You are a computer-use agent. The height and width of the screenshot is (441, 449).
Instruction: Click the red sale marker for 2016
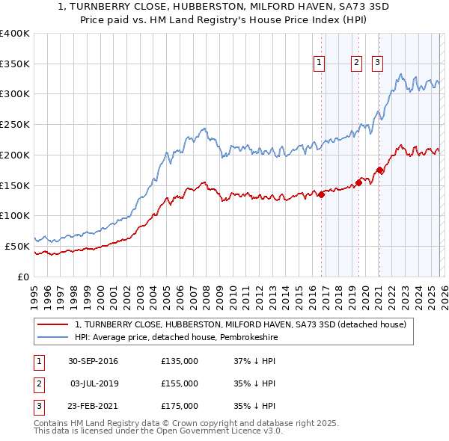click(x=321, y=194)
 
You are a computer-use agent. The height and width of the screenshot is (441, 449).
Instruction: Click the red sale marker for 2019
click(x=358, y=182)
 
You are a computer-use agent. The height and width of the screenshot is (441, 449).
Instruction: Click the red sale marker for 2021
click(x=379, y=170)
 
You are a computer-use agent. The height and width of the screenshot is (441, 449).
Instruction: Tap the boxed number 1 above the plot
click(x=320, y=64)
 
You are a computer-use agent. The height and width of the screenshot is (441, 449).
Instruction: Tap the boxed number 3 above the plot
click(x=377, y=64)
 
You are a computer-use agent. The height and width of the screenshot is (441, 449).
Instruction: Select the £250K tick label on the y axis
click(x=14, y=124)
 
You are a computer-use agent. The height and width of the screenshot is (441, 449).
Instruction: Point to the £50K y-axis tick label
click(x=17, y=246)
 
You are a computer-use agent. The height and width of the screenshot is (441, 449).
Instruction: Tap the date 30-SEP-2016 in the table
click(x=93, y=361)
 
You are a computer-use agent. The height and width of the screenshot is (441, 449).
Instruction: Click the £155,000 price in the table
click(x=180, y=383)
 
